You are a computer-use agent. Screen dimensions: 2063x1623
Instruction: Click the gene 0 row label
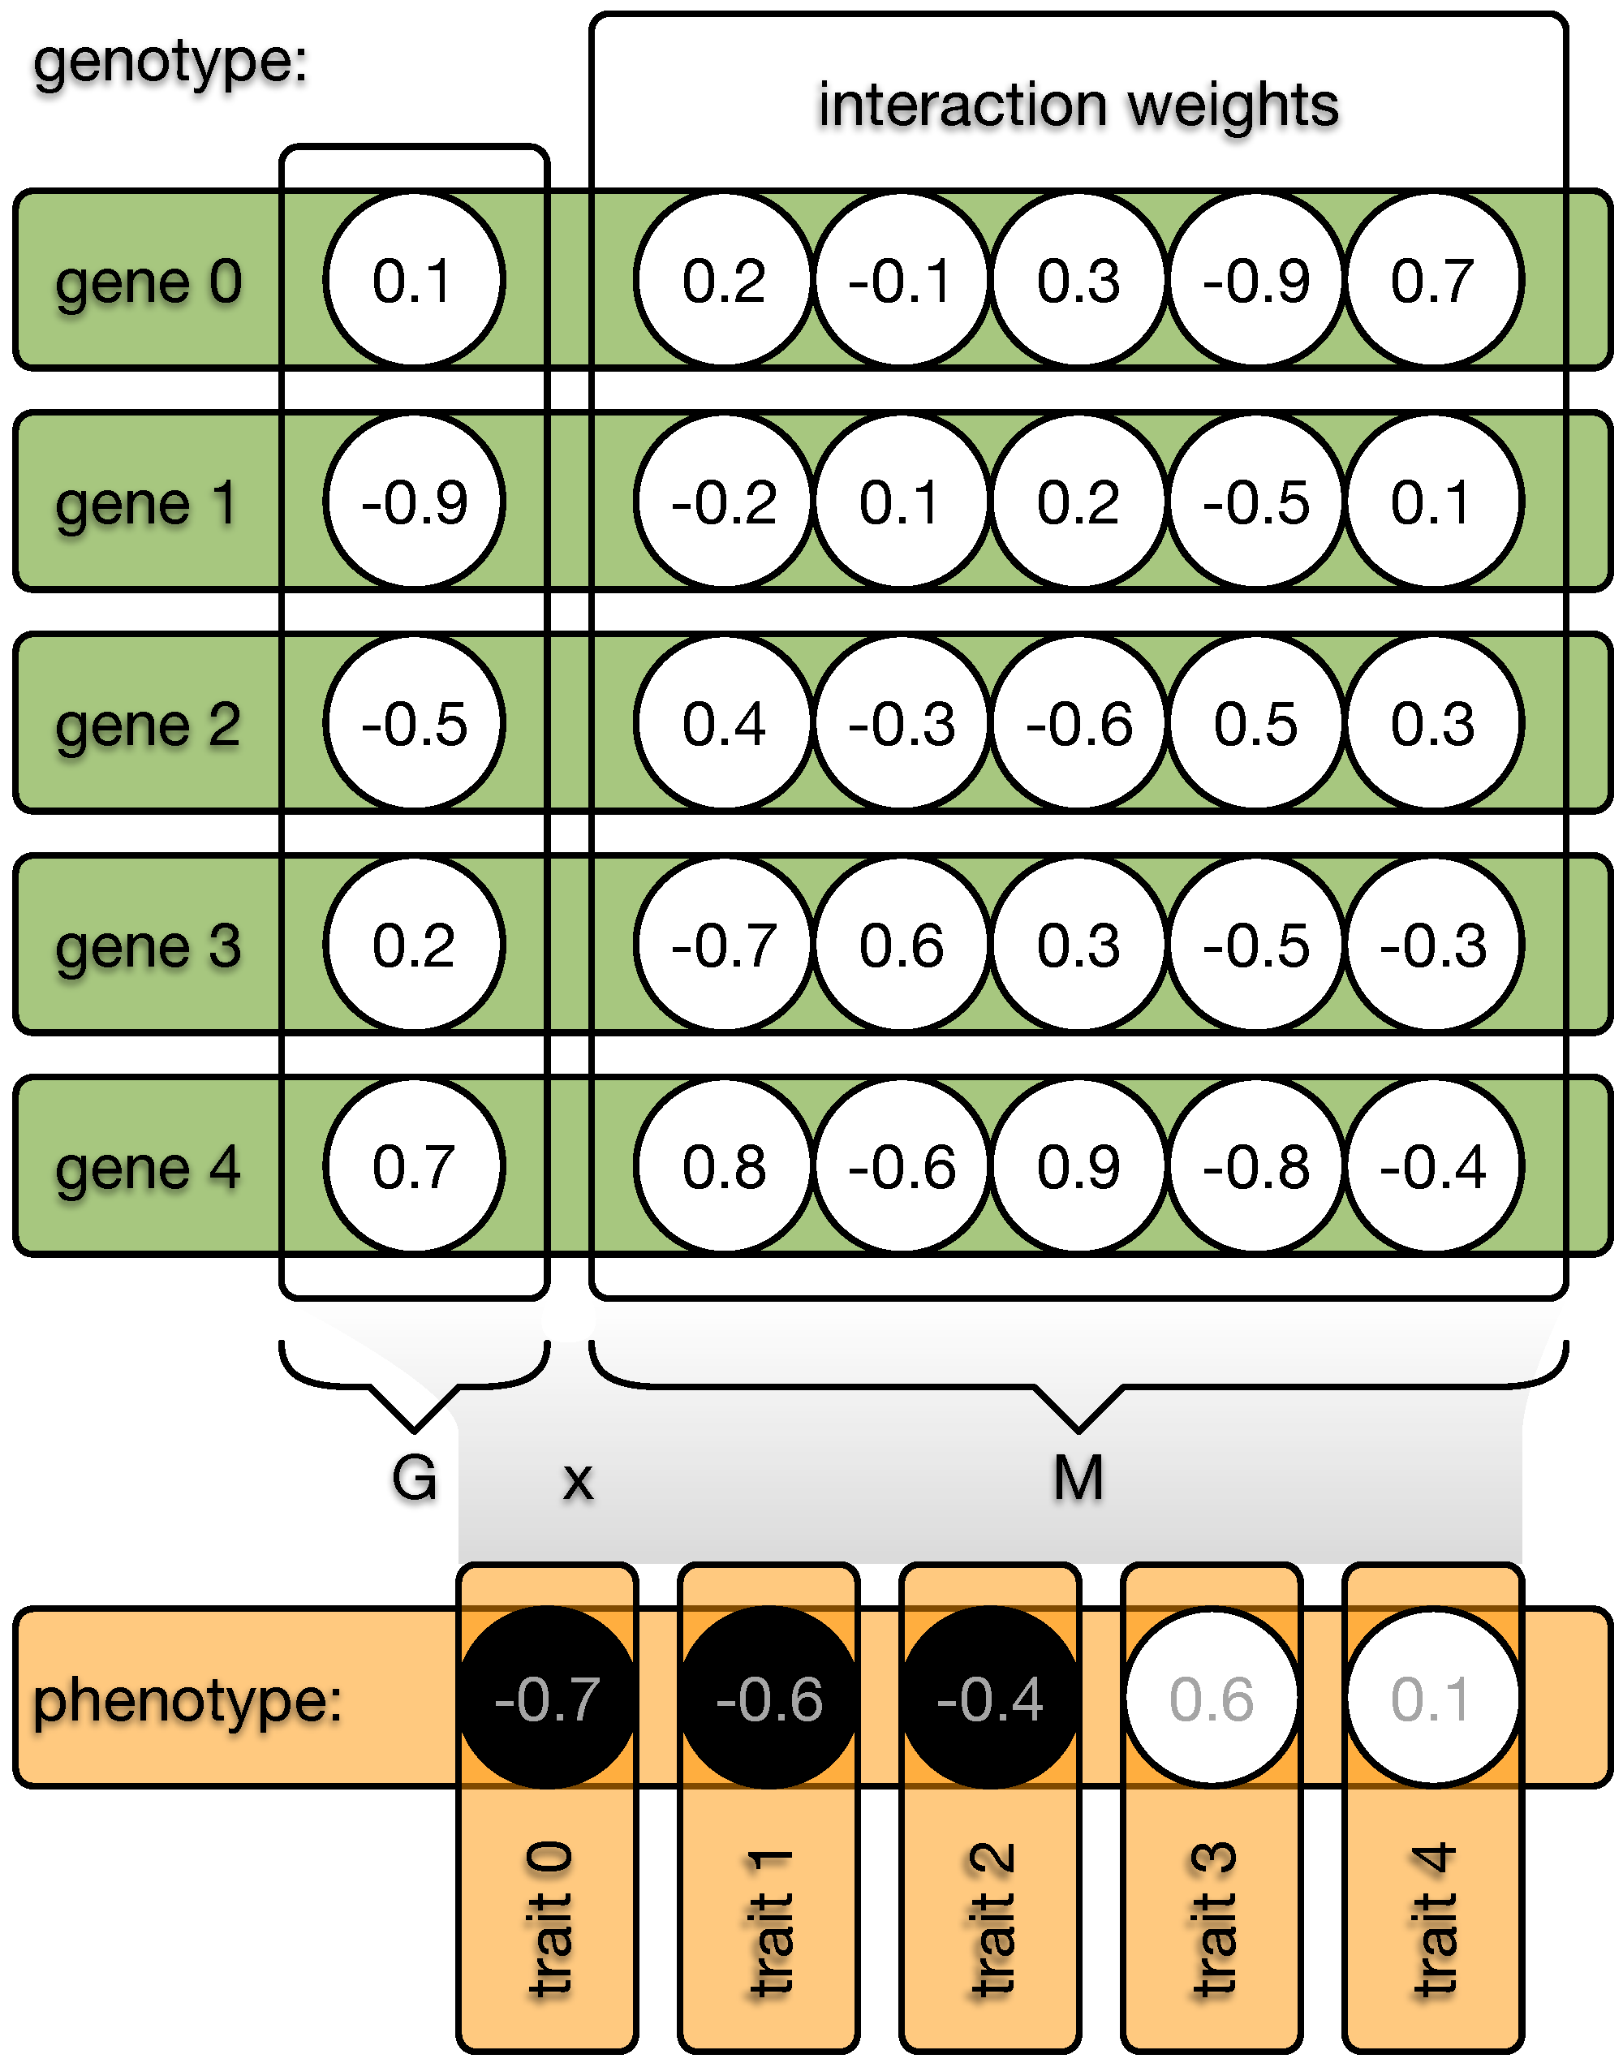pyautogui.click(x=149, y=282)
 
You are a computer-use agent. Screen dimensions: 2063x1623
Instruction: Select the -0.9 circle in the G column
pyautogui.click(x=415, y=502)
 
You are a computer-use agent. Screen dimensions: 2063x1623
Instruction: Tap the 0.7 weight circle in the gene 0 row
pyautogui.click(x=1433, y=280)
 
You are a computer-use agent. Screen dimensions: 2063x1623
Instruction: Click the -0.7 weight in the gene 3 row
pyautogui.click(x=724, y=945)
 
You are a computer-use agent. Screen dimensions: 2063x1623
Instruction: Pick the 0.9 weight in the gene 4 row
pyautogui.click(x=1078, y=1167)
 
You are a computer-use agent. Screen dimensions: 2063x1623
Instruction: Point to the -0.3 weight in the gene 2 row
pyautogui.click(x=902, y=724)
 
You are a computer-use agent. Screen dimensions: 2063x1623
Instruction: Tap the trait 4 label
pyautogui.click(x=1434, y=1919)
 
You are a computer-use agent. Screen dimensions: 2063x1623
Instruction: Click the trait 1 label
pyautogui.click(x=769, y=1919)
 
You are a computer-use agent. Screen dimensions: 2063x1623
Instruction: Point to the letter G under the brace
pyautogui.click(x=415, y=1479)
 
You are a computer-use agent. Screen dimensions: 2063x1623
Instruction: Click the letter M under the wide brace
pyautogui.click(x=1078, y=1479)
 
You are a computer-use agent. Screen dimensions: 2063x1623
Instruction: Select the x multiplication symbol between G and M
pyautogui.click(x=578, y=1481)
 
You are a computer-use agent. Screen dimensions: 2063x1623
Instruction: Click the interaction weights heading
pyautogui.click(x=1078, y=104)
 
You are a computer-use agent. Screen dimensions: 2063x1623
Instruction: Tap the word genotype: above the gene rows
pyautogui.click(x=171, y=62)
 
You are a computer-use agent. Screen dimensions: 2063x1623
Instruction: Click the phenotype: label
pyautogui.click(x=187, y=1701)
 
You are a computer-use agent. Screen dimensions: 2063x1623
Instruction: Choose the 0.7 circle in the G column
pyautogui.click(x=415, y=1167)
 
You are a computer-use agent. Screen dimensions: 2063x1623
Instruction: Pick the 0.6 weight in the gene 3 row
pyautogui.click(x=902, y=945)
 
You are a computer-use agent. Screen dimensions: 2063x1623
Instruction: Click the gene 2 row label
pyautogui.click(x=149, y=725)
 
